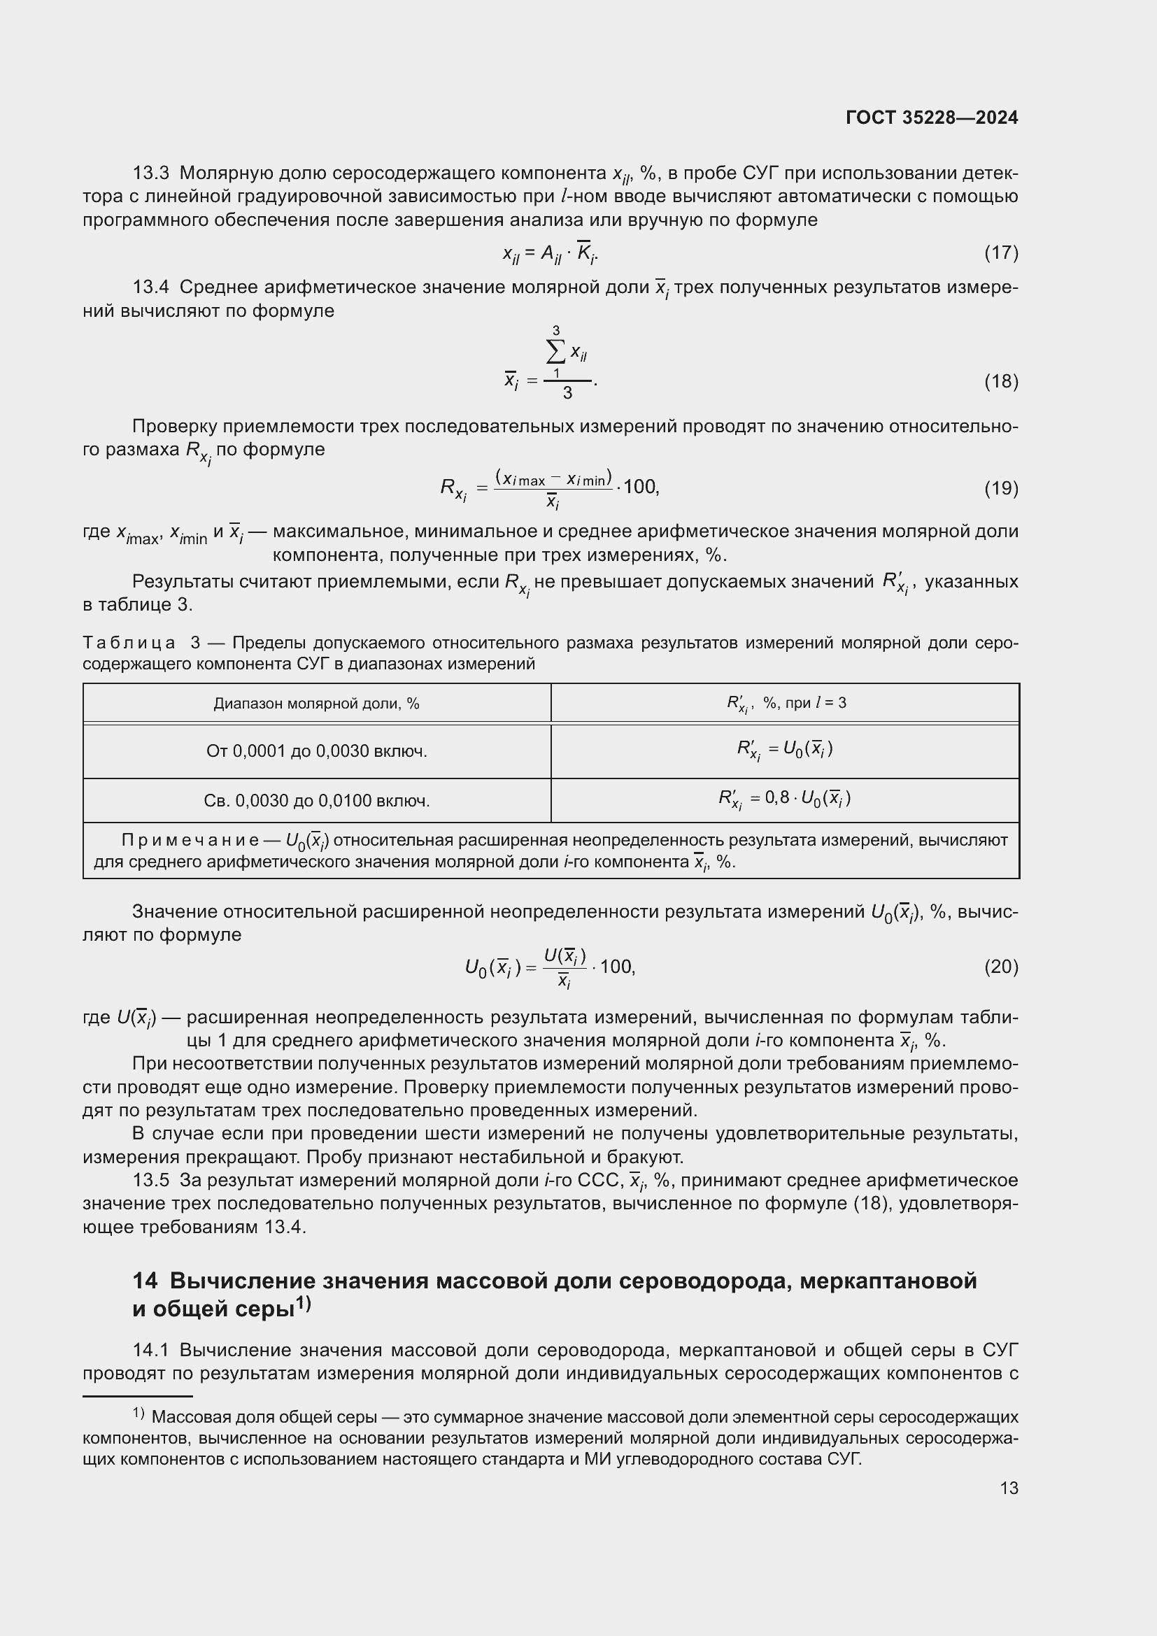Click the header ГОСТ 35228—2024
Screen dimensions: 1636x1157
931,118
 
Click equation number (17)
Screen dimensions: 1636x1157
1001,252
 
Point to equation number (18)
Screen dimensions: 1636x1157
1001,381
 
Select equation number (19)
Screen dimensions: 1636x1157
1001,488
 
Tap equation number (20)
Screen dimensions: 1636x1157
1001,967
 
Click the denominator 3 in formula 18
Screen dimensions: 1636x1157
567,393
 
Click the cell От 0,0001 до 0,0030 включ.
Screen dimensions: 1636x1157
316,751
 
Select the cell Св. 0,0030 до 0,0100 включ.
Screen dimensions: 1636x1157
316,801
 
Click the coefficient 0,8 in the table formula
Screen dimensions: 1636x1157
776,797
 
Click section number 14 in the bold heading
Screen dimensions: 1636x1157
145,1281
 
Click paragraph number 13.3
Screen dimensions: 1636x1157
151,173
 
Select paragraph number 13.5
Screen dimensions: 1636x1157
151,1181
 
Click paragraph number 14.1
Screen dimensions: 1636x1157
151,1350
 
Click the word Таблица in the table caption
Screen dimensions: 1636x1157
129,643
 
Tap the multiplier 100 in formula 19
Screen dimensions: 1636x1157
640,487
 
